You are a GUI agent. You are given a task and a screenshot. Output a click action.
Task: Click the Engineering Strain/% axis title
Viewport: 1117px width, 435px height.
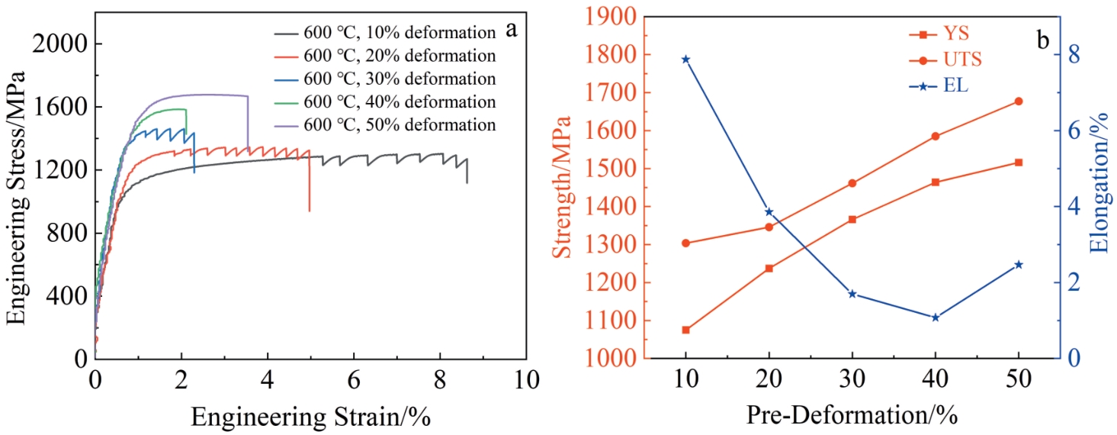coord(310,417)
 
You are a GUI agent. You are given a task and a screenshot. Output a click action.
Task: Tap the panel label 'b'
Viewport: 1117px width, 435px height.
coord(1043,40)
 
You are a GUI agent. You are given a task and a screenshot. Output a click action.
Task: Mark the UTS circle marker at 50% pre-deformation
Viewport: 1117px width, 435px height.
coord(1019,101)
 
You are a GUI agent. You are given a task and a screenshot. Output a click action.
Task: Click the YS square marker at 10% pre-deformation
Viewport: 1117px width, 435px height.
coord(686,330)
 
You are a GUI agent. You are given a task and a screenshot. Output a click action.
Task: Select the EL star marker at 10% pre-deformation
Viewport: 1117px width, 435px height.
coord(686,59)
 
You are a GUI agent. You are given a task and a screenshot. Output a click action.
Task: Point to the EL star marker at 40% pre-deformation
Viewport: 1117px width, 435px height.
coord(936,317)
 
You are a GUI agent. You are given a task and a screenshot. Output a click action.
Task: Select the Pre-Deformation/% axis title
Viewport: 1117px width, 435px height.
coord(852,417)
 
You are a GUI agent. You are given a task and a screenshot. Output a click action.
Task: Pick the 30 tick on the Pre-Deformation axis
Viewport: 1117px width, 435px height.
coord(852,379)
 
